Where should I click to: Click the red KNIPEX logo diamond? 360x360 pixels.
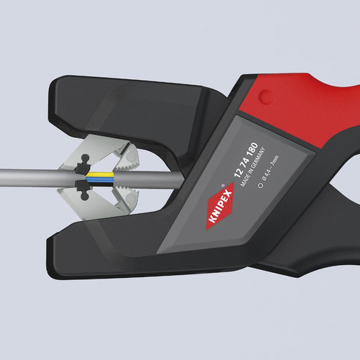pyautogui.click(x=220, y=206)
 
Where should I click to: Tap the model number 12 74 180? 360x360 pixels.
pyautogui.click(x=246, y=160)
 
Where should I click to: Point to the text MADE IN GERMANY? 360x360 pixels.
pyautogui.click(x=253, y=167)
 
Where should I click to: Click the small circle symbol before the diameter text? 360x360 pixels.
pyautogui.click(x=260, y=186)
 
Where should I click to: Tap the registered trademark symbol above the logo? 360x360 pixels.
pyautogui.click(x=222, y=185)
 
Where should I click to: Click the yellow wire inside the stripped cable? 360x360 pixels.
pyautogui.click(x=99, y=174)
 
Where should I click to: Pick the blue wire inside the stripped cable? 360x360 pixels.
pyautogui.click(x=99, y=179)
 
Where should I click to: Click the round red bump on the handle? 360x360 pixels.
pyautogui.click(x=266, y=96)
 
